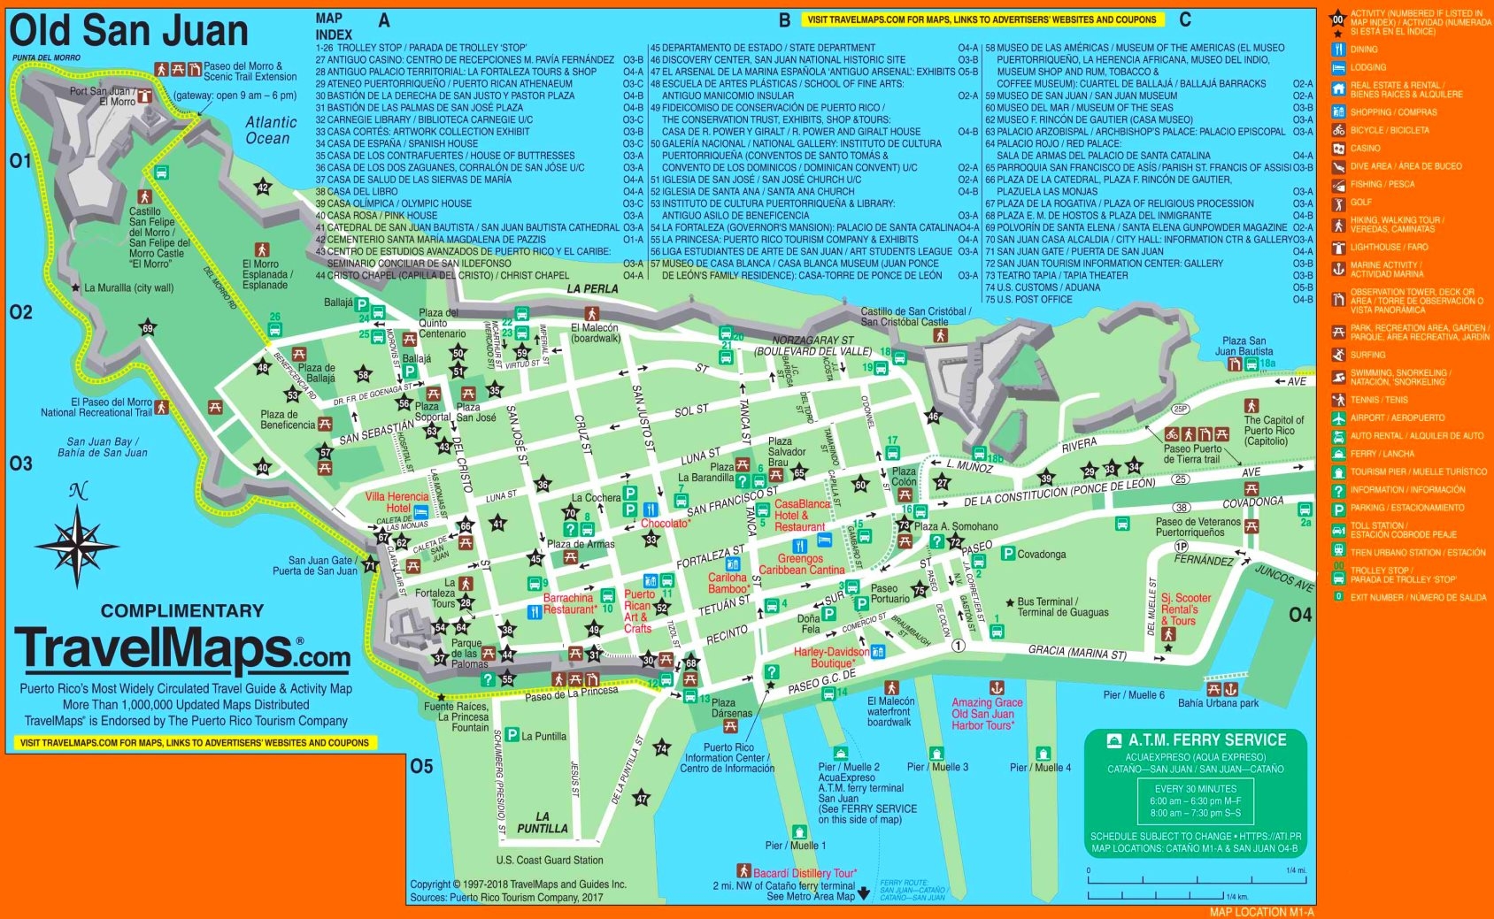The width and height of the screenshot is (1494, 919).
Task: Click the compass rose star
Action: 78,543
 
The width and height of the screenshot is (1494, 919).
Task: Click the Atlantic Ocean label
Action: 270,130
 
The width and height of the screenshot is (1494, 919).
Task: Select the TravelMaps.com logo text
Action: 182,650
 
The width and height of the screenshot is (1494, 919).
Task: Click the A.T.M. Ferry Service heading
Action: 1206,739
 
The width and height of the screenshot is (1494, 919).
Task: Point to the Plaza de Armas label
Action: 581,544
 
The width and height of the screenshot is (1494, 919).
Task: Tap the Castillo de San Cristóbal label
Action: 916,317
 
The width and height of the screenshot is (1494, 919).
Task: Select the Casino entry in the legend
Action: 1365,149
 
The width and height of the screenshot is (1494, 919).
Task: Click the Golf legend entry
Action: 1360,203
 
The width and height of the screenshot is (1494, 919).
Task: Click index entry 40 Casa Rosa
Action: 376,215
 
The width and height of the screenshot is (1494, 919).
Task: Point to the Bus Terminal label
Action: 1062,607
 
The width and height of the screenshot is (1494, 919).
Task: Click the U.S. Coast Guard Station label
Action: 550,860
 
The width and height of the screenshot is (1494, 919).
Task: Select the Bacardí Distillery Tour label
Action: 804,873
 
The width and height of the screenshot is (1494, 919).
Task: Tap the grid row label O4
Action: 1299,615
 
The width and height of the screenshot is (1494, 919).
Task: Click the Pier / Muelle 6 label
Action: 1133,695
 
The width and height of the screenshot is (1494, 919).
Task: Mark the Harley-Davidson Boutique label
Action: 832,657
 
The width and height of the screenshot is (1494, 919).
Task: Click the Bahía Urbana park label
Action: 1218,704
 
